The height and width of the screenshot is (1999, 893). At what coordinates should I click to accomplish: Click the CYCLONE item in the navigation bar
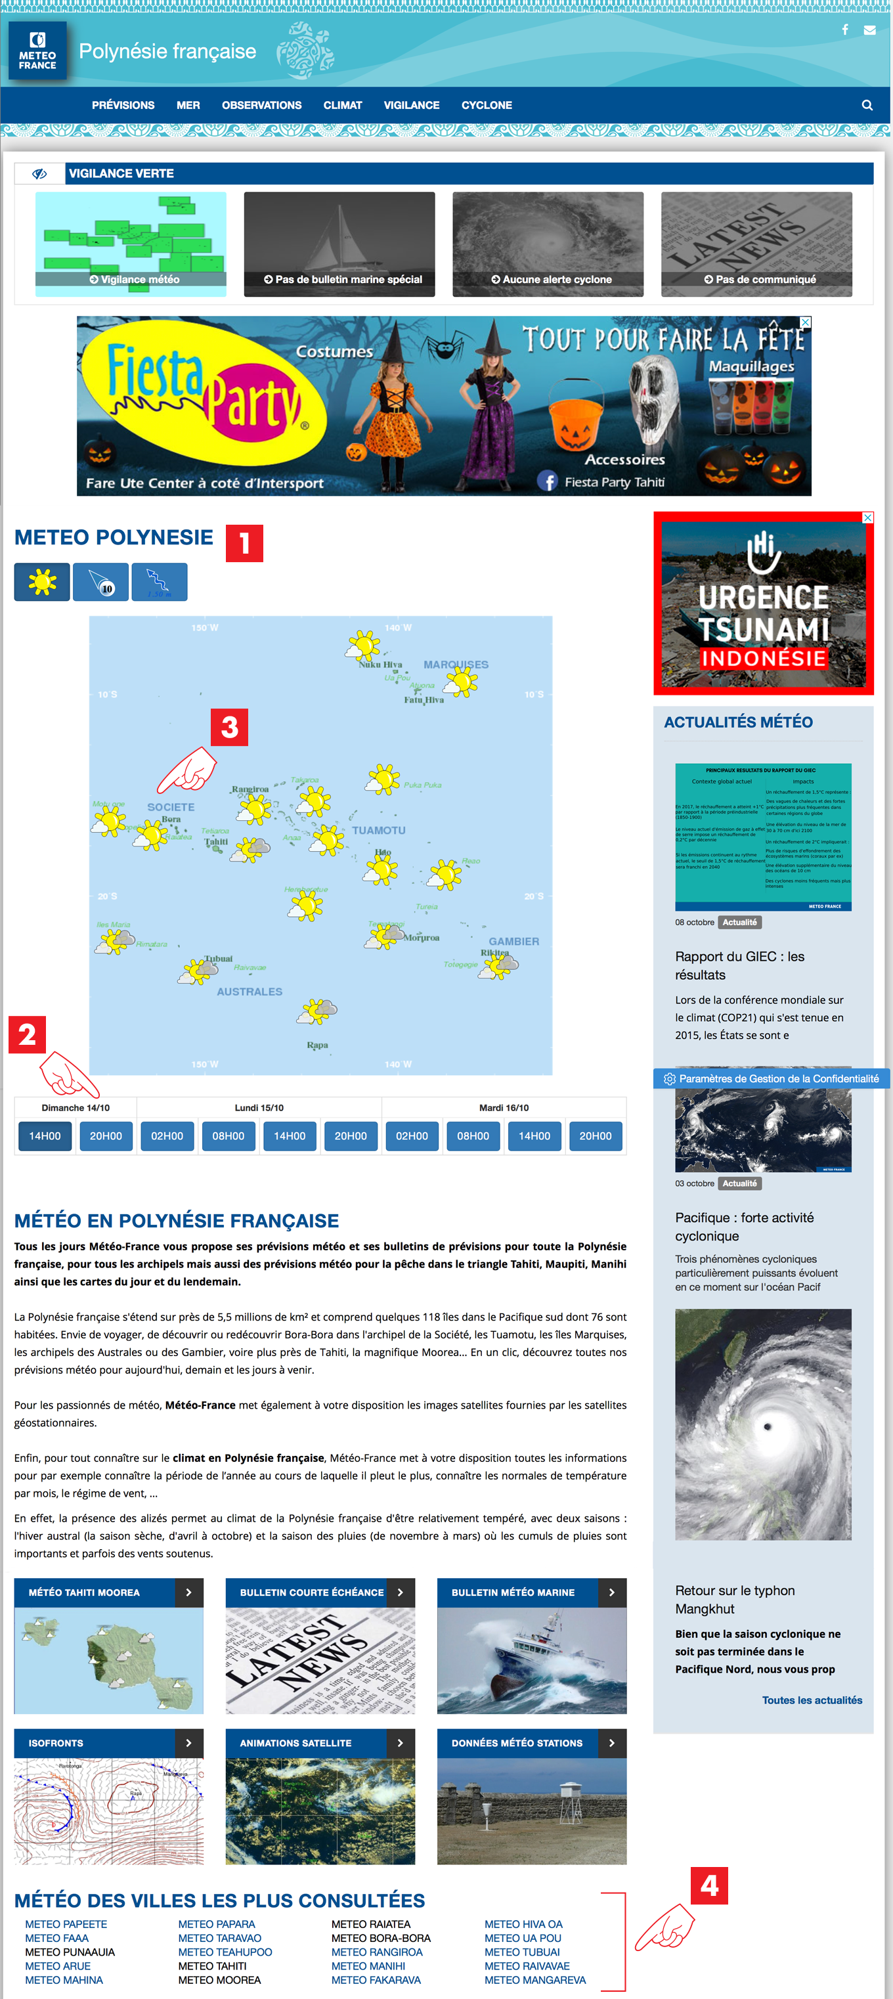click(x=487, y=106)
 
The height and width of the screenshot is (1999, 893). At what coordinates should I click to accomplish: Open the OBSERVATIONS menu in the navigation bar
click(x=261, y=106)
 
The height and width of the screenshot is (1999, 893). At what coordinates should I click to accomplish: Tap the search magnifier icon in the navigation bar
click(x=867, y=106)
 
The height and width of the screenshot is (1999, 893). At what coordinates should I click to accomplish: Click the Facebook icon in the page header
click(x=845, y=30)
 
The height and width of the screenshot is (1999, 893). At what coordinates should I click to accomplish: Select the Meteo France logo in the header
click(x=37, y=51)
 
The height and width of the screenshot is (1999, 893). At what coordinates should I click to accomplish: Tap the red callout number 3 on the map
click(x=230, y=727)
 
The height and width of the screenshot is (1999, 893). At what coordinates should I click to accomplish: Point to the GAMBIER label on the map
click(x=513, y=941)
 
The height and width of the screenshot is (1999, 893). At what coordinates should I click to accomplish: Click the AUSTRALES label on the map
click(x=249, y=992)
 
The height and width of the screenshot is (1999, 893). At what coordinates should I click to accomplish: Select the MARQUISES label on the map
click(x=456, y=665)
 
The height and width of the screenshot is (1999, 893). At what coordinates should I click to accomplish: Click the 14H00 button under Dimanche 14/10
click(x=45, y=1136)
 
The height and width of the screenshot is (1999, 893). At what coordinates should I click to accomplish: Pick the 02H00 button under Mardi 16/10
click(x=412, y=1136)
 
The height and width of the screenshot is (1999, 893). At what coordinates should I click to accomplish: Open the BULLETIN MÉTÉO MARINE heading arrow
click(x=611, y=1593)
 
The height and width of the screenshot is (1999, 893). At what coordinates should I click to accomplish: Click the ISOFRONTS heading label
click(x=56, y=1743)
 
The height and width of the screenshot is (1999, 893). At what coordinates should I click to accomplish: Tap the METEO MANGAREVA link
click(x=534, y=1979)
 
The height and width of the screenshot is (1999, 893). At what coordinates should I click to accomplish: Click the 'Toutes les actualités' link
click(x=812, y=1700)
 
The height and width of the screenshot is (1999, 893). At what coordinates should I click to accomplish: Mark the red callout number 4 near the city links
click(x=709, y=1885)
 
